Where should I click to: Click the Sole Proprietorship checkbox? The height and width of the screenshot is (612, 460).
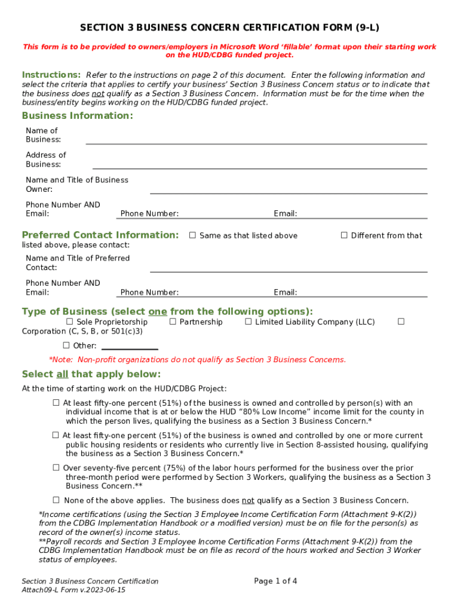pos(69,322)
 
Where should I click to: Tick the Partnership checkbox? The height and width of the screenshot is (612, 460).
pos(173,322)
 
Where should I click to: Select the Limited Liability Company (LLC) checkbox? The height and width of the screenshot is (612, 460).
pos(249,322)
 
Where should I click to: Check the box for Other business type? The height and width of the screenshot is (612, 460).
pos(66,345)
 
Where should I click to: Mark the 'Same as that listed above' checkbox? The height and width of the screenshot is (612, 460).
pos(192,235)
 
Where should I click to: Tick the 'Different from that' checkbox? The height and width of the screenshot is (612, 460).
pos(344,235)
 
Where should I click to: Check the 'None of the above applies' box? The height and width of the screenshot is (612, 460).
pos(56,500)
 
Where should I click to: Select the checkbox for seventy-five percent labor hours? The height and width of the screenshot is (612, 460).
pos(56,468)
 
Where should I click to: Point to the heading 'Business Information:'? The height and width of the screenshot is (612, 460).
pos(78,115)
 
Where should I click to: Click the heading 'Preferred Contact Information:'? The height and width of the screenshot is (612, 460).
pos(100,235)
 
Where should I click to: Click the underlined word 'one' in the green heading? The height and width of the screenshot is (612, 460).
pos(158,311)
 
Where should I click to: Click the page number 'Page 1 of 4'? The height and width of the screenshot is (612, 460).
pos(275,581)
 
